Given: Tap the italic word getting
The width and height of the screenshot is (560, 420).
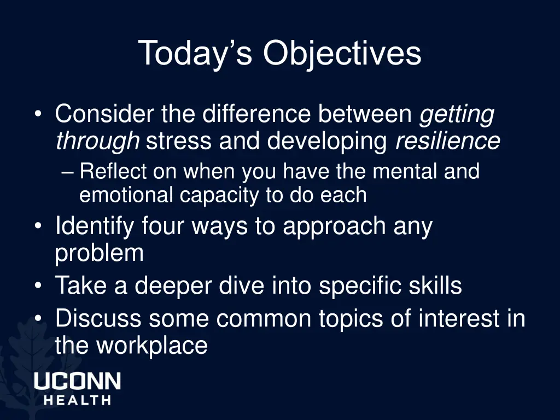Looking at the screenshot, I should [x=457, y=115].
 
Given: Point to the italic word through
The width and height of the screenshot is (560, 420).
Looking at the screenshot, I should [x=97, y=142].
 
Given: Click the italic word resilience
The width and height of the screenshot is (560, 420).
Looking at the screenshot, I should [x=447, y=141].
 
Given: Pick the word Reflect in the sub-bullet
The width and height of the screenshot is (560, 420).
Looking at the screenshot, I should [x=114, y=172].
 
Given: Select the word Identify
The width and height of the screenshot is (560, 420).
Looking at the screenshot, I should [x=94, y=226].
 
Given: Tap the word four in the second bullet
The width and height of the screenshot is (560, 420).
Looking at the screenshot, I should [x=161, y=226].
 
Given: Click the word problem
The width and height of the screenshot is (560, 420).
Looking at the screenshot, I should [x=99, y=254].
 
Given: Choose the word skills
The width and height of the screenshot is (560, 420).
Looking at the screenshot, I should [x=437, y=285].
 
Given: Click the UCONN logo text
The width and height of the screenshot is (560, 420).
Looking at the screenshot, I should [x=77, y=381].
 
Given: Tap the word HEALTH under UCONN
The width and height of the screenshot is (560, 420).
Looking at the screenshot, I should [x=77, y=400].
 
